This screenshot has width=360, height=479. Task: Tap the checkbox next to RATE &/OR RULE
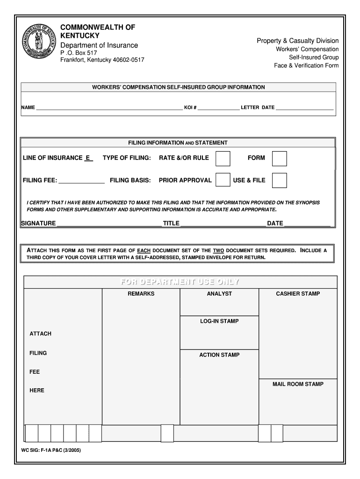pos(223,158)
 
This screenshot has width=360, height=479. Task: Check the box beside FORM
pos(279,158)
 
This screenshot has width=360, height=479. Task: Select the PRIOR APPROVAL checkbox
pos(223,180)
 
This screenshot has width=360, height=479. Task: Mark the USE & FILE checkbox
pos(279,180)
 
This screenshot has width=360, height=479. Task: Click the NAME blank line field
pos(109,108)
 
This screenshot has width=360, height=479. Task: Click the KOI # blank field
pos(218,108)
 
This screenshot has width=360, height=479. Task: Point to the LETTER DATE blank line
pos(304,108)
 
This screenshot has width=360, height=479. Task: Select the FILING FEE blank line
pos(81,181)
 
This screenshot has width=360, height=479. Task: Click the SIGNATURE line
pos(108,224)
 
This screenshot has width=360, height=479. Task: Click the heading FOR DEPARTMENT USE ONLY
pos(180,282)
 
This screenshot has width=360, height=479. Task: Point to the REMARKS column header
pos(141,294)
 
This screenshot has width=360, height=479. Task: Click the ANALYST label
pos(219,294)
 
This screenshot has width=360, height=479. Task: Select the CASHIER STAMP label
pos(298,294)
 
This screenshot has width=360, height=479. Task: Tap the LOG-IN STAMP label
pos(219,321)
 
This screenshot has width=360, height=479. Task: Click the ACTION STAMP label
pos(219,355)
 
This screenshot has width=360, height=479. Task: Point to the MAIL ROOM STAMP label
pos(298,384)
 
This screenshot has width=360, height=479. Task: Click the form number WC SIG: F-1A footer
pos(47,451)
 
